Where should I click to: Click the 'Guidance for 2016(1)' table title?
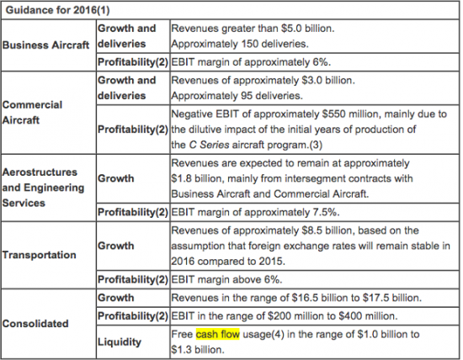[57, 10]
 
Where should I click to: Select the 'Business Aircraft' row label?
[45, 45]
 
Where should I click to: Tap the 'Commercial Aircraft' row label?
[32, 113]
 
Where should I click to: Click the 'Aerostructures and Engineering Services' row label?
[43, 188]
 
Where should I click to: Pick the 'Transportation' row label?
[40, 255]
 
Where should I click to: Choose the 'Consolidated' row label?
[35, 323]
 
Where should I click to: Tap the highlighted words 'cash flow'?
[218, 334]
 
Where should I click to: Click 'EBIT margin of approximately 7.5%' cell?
[255, 212]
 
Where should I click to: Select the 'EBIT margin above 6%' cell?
[226, 279]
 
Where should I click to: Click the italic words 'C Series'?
[209, 145]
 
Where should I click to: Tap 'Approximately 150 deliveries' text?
[240, 44]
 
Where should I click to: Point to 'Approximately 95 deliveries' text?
[237, 96]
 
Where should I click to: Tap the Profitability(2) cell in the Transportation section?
[133, 279]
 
